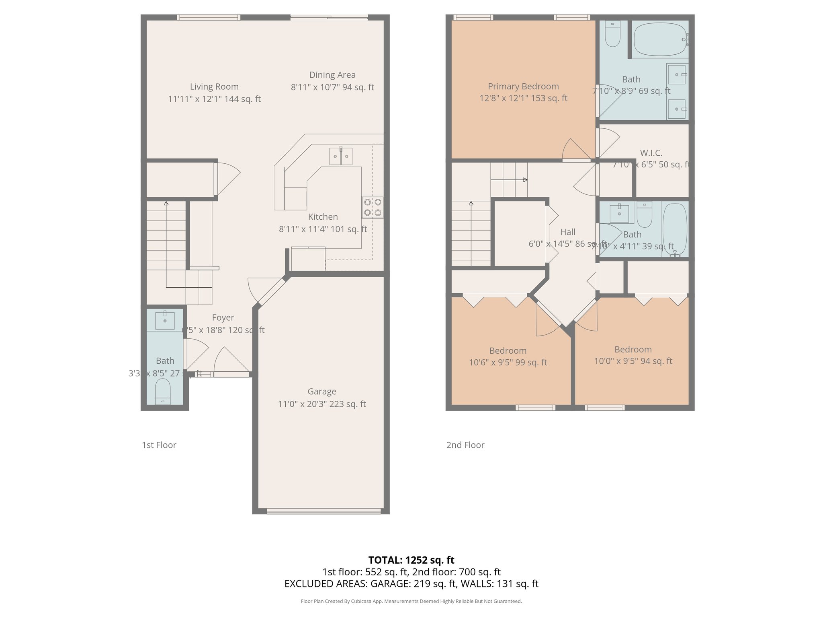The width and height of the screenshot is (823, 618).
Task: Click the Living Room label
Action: (214, 87)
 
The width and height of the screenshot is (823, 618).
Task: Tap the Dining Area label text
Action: (332, 75)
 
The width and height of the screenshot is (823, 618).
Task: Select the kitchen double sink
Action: (341, 156)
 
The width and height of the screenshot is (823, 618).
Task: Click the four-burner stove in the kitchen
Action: (373, 207)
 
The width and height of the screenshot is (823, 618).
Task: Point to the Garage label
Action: (322, 391)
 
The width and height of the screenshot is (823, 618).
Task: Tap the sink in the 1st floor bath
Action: (165, 320)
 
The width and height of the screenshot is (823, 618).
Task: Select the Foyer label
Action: (223, 318)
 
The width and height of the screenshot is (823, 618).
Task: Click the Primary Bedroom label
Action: (523, 87)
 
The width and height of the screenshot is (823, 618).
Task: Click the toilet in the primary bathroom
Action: (612, 34)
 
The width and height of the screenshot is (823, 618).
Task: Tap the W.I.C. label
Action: (651, 153)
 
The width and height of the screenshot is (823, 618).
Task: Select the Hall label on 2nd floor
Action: (567, 232)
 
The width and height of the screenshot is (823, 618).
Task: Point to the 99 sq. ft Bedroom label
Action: (508, 351)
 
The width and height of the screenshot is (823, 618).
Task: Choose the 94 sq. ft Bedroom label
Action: (633, 350)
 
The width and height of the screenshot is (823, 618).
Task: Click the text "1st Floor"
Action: (159, 445)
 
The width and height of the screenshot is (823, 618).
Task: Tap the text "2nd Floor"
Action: (465, 445)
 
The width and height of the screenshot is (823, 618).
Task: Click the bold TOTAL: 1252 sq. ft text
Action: (411, 560)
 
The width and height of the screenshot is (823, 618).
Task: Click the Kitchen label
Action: (323, 217)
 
